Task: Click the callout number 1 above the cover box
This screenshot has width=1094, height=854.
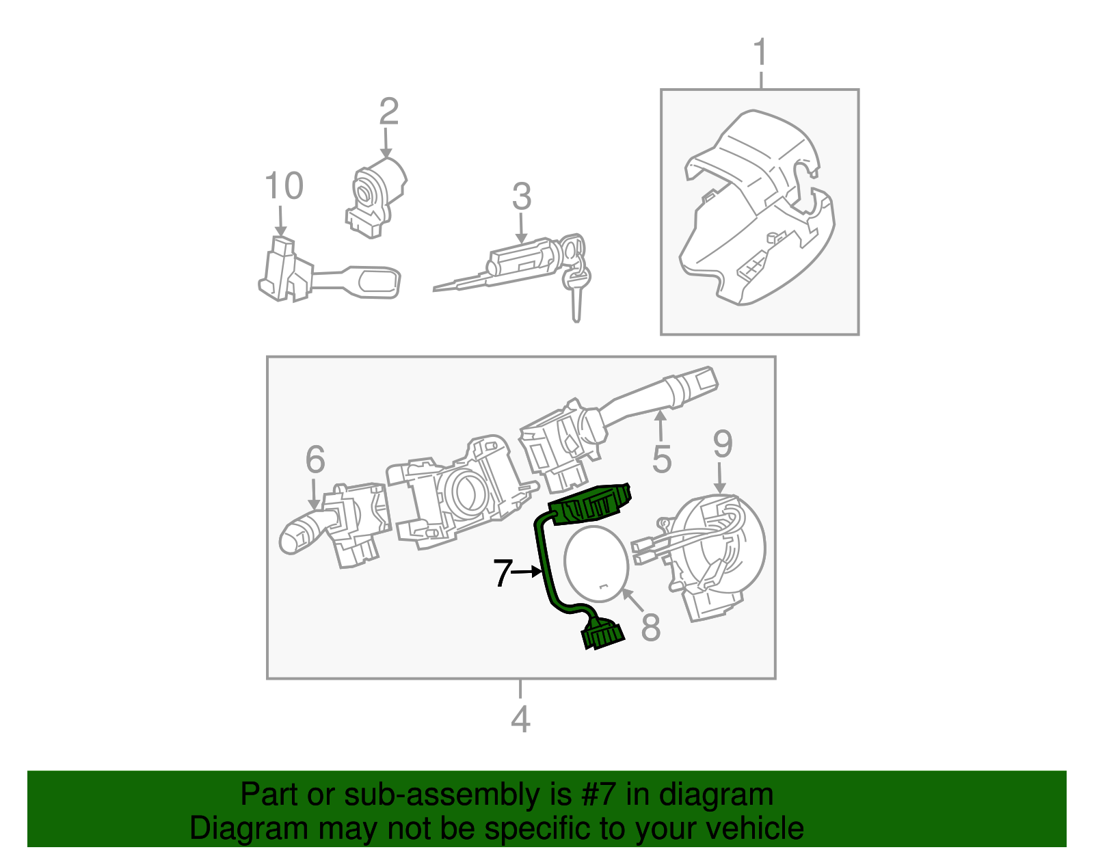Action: coord(760,53)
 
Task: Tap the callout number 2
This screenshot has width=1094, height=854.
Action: coord(388,111)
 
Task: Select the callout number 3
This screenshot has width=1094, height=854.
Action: coord(522,197)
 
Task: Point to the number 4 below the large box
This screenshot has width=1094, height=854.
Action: coord(520,719)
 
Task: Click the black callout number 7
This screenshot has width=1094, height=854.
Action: coord(503,573)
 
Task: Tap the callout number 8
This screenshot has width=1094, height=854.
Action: coord(650,627)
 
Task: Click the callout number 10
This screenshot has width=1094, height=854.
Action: coord(284,186)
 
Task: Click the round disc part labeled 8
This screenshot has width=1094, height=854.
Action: coord(596,563)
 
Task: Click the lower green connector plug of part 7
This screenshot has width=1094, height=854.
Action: coord(603,635)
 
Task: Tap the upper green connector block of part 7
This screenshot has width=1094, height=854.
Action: coord(591,505)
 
